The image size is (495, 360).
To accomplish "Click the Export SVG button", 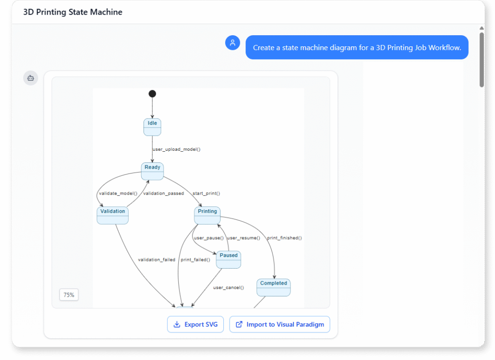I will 195,324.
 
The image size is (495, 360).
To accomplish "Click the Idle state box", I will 152,127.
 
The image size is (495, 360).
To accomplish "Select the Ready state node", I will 152,171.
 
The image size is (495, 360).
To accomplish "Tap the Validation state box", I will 113,215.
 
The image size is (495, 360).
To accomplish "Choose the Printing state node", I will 207,215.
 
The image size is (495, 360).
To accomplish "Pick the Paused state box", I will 229,259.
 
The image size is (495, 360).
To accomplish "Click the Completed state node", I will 274,287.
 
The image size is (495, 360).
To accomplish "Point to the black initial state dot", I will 152,94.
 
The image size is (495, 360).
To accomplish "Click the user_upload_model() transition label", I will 176,149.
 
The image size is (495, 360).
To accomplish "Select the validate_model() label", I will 118,193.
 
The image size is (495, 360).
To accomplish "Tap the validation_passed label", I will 163,193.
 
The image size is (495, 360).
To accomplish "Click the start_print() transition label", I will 206,193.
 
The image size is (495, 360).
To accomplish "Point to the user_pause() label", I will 208,238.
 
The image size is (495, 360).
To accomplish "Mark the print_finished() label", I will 284,238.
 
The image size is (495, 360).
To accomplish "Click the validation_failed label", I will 157,260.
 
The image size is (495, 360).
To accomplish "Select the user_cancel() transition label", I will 229,288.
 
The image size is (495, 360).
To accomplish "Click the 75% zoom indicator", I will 69,295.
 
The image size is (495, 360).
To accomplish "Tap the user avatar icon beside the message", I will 233,43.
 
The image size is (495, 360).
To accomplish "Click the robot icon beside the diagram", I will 30,78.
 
